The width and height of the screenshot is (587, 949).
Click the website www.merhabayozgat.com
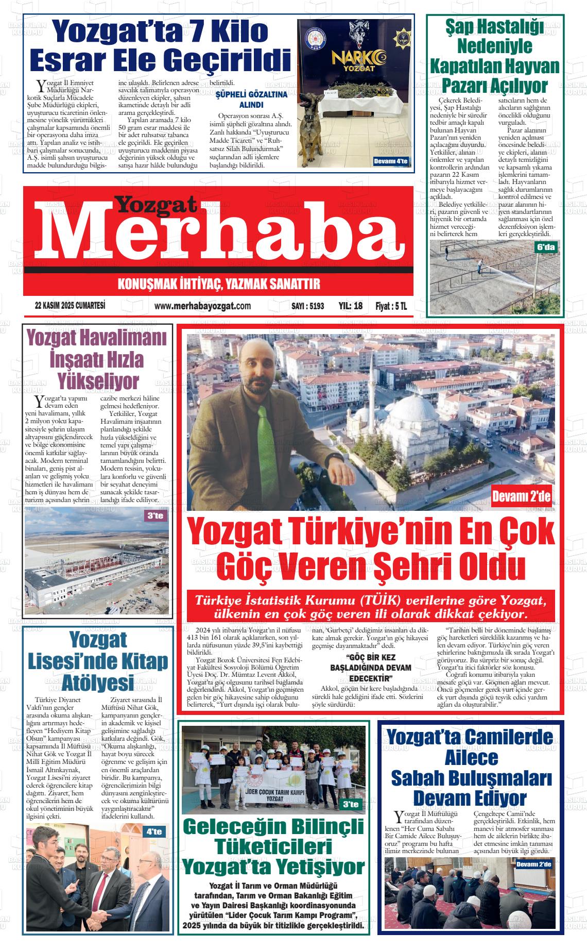pos(202,306)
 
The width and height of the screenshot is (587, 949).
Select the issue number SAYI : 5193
pos(307,306)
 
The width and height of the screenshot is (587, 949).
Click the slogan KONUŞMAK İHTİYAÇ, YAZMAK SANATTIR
pos(219,284)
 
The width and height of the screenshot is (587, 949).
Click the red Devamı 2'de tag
pos(521,497)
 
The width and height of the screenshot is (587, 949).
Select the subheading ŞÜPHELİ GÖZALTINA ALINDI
pos(251,99)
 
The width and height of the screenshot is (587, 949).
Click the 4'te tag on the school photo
pos(154,832)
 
